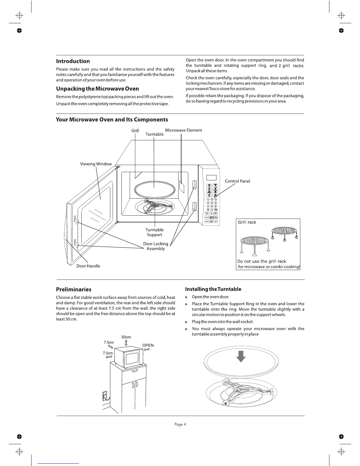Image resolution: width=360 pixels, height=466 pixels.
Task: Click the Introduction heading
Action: [x=73, y=61]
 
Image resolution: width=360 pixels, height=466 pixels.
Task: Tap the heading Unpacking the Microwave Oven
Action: [x=97, y=89]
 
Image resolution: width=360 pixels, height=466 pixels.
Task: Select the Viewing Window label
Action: [x=96, y=164]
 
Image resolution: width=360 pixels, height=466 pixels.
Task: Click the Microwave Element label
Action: [x=184, y=130]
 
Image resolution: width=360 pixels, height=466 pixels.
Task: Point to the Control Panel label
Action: [x=237, y=181]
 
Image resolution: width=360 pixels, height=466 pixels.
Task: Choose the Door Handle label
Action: [x=88, y=266]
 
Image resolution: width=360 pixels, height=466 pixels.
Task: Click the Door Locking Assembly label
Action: [x=156, y=246]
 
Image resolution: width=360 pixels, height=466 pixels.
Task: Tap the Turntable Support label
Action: [x=154, y=232]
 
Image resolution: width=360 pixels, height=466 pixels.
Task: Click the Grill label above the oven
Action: [x=135, y=130]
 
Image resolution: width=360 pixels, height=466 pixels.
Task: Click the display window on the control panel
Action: [x=211, y=177]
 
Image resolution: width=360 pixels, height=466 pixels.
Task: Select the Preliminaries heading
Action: [x=74, y=289]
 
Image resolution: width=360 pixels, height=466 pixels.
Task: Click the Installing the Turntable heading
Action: [x=213, y=289]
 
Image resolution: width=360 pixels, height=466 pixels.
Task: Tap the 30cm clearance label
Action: [x=126, y=337]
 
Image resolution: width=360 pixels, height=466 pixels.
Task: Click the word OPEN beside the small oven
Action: [x=148, y=345]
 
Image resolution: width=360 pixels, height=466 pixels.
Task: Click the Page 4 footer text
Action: [x=180, y=424]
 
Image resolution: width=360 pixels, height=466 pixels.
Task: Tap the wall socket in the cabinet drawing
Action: [x=104, y=396]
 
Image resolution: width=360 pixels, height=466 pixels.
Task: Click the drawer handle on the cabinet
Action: [x=134, y=371]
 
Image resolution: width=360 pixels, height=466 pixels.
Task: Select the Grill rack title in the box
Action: [x=247, y=222]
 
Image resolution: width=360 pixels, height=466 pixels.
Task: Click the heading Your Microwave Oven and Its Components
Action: [x=112, y=119]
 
